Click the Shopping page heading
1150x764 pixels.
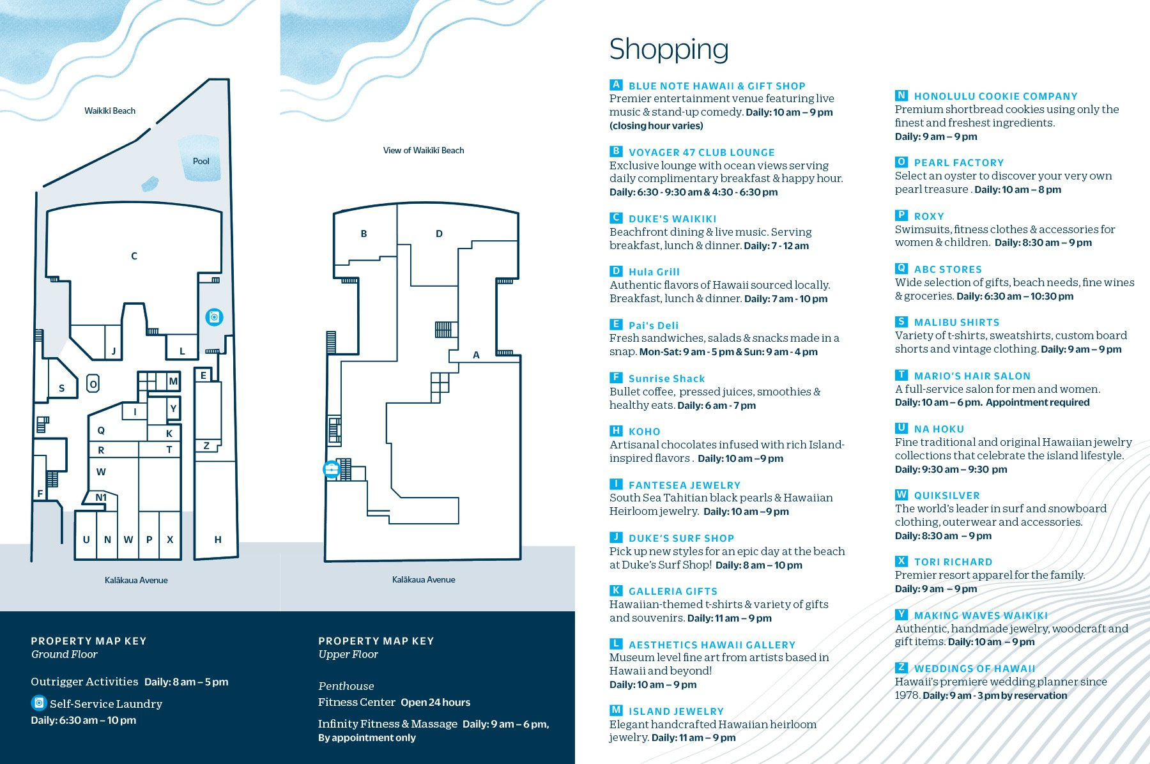pyautogui.click(x=668, y=50)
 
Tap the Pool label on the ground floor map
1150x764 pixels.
pyautogui.click(x=201, y=161)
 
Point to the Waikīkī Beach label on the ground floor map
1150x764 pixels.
pyautogui.click(x=110, y=111)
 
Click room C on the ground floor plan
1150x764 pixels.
pyautogui.click(x=134, y=256)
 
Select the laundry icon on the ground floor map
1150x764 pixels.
pyautogui.click(x=214, y=317)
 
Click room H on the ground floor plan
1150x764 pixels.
pyautogui.click(x=218, y=540)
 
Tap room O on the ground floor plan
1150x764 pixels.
pyautogui.click(x=93, y=384)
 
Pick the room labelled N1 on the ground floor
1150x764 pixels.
pyautogui.click(x=101, y=498)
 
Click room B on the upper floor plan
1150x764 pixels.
pyautogui.click(x=364, y=234)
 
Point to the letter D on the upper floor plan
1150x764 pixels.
pyautogui.click(x=439, y=234)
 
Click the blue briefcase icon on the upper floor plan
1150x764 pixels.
pyautogui.click(x=331, y=470)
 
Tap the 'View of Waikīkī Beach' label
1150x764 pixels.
pyautogui.click(x=424, y=150)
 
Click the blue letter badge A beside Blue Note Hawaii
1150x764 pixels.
pyautogui.click(x=616, y=85)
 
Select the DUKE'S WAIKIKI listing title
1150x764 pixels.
pyautogui.click(x=672, y=218)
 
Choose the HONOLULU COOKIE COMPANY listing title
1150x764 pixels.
pyautogui.click(x=995, y=96)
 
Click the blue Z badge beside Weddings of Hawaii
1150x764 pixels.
pyautogui.click(x=901, y=668)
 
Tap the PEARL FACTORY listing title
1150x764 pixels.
pyautogui.click(x=958, y=163)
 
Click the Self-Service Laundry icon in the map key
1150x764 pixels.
pyautogui.click(x=39, y=703)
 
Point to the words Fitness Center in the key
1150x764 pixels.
pyautogui.click(x=356, y=702)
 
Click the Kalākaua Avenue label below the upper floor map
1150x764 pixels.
pyautogui.click(x=424, y=579)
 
